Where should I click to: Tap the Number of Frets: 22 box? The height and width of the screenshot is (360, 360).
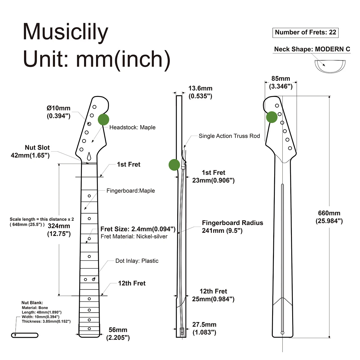point(305,32)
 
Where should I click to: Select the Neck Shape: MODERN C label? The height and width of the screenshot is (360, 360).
point(312,49)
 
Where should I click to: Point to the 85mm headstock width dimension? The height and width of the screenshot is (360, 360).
point(280,82)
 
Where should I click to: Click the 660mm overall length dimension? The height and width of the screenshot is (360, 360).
point(329,217)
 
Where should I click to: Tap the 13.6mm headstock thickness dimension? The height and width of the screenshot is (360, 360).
point(200,92)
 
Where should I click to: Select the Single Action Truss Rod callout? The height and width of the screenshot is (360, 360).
point(229,136)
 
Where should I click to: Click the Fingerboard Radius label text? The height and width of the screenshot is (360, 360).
point(232,223)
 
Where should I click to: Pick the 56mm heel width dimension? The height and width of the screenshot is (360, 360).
point(118,334)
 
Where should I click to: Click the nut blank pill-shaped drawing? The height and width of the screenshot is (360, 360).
point(25,335)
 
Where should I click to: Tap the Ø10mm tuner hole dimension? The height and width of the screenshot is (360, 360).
point(58,112)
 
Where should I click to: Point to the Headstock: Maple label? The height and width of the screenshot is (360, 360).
point(132,127)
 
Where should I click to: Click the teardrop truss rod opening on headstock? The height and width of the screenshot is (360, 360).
point(89,157)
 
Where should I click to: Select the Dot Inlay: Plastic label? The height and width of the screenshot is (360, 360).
point(137,261)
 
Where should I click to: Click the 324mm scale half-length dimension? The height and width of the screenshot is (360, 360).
point(59,230)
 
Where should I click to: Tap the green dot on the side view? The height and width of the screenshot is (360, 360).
point(174,165)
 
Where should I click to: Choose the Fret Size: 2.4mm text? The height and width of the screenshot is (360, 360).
point(138,229)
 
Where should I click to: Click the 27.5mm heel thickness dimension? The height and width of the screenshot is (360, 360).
point(204,328)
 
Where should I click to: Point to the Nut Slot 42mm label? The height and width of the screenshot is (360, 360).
point(30,151)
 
